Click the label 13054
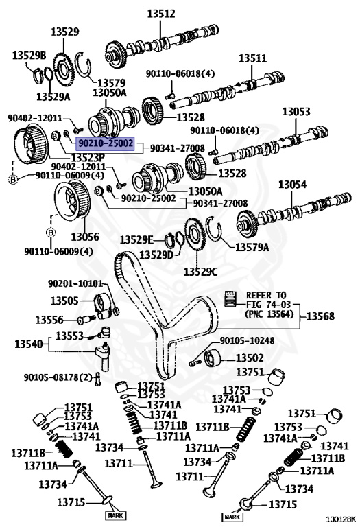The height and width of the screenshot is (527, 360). [292, 184]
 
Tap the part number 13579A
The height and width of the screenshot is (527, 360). [254, 246]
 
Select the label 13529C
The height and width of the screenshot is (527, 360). [200, 272]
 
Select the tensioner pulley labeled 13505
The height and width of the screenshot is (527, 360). [104, 303]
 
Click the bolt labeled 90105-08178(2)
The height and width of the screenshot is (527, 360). [99, 377]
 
